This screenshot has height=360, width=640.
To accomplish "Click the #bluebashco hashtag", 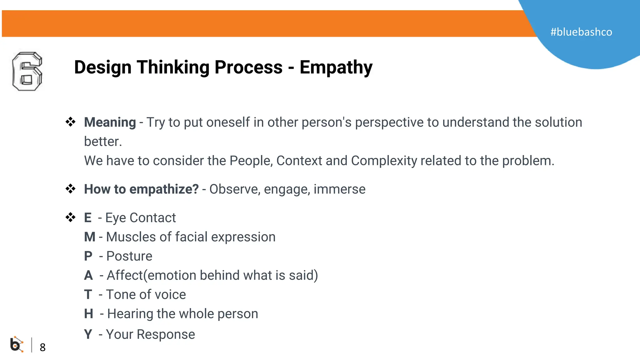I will pyautogui.click(x=581, y=32).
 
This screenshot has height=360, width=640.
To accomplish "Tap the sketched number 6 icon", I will pyautogui.click(x=27, y=72).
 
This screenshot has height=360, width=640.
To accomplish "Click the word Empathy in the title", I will pyautogui.click(x=336, y=67).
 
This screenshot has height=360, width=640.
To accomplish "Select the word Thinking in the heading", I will pyautogui.click(x=173, y=67).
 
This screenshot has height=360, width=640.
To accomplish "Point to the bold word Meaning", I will pyautogui.click(x=110, y=122).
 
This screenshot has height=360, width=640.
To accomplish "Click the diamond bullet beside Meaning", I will pyautogui.click(x=70, y=122).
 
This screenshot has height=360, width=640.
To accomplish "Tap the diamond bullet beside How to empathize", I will pyautogui.click(x=70, y=189).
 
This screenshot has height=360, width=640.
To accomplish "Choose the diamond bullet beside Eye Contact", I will pyautogui.click(x=70, y=217).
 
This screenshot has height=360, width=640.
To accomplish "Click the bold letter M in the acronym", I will pyautogui.click(x=90, y=237).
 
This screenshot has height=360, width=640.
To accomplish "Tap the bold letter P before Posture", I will pyautogui.click(x=88, y=256).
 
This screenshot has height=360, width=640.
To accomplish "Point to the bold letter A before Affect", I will pyautogui.click(x=88, y=275).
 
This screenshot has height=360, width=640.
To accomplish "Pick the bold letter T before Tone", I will pyautogui.click(x=88, y=294).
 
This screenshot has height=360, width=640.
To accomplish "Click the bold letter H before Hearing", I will pyautogui.click(x=88, y=313).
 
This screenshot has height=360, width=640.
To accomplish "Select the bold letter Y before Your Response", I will pyautogui.click(x=88, y=334).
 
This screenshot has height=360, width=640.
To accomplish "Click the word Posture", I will pyautogui.click(x=129, y=256).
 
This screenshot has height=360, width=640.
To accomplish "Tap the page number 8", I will pyautogui.click(x=42, y=347).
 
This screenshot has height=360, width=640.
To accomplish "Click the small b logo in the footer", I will pyautogui.click(x=17, y=344).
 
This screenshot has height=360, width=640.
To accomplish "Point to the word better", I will pyautogui.click(x=103, y=142).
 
